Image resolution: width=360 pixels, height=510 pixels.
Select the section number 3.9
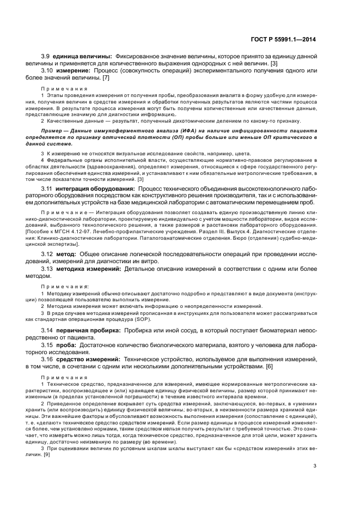(46, 57)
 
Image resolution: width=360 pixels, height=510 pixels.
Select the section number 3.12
(47, 254)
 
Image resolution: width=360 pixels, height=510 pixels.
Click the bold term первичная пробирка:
(88, 330)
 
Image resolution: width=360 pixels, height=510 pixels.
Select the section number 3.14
(47, 330)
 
